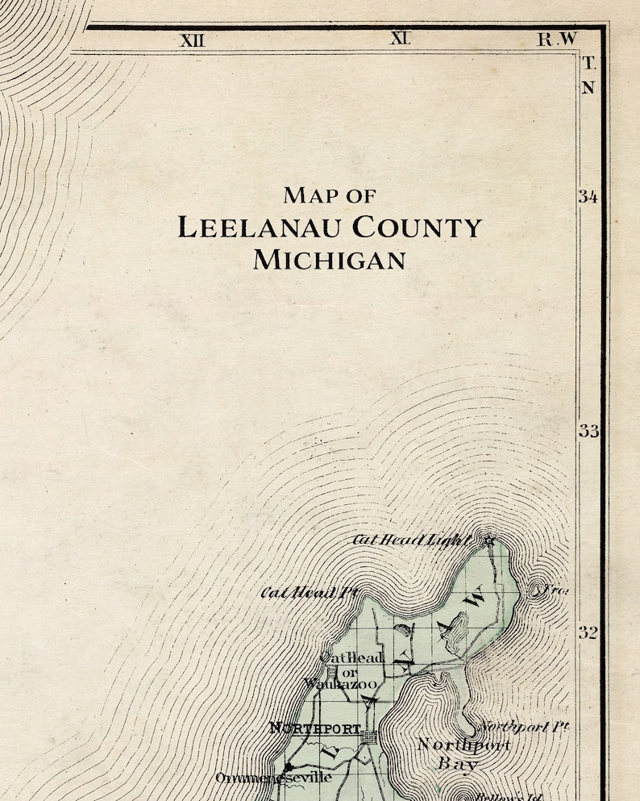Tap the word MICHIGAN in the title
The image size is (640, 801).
[329, 260]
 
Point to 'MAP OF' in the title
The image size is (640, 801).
[329, 195]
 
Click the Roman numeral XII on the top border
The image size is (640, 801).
[191, 40]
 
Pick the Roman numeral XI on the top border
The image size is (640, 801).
[400, 38]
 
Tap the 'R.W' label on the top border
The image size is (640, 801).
[557, 39]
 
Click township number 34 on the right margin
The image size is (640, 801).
[588, 197]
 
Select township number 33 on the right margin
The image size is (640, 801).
[588, 431]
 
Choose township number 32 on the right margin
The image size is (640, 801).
[588, 632]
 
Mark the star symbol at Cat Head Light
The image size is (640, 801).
[488, 540]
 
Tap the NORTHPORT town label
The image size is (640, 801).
[314, 728]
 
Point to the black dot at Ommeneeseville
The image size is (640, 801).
[288, 767]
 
